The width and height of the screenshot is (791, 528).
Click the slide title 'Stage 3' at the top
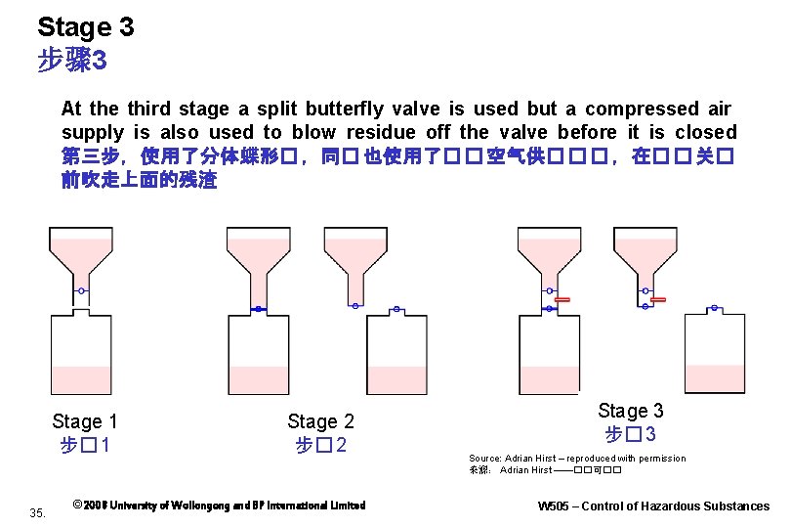85,27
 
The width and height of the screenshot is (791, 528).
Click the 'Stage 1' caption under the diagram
84,421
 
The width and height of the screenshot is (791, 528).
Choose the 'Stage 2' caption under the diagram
320,421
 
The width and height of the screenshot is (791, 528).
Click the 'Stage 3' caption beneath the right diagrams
630,411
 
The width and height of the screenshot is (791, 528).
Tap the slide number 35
38,511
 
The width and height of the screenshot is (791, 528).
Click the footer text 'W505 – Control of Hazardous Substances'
653,506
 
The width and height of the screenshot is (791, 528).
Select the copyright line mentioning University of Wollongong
219,506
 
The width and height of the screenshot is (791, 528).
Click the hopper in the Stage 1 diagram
81,253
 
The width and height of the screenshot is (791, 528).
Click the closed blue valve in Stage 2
259,308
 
